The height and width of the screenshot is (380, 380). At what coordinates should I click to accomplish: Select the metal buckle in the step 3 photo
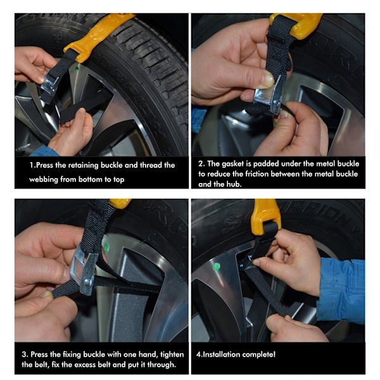[x=84, y=269]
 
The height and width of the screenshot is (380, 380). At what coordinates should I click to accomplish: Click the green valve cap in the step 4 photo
[x=216, y=267]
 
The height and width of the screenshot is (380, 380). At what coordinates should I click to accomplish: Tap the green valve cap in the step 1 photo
[x=77, y=68]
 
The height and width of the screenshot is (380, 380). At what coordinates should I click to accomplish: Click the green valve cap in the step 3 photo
[x=106, y=247]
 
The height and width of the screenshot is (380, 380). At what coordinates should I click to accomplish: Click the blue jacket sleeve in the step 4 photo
[x=342, y=288]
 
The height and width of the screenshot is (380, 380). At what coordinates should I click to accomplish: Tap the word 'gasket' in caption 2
[x=232, y=164]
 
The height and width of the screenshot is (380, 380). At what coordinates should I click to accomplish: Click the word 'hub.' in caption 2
[x=234, y=184]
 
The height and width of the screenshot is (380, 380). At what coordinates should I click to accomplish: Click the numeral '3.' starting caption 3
[x=25, y=355]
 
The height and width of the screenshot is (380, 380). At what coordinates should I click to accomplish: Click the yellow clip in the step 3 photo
[x=120, y=203]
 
